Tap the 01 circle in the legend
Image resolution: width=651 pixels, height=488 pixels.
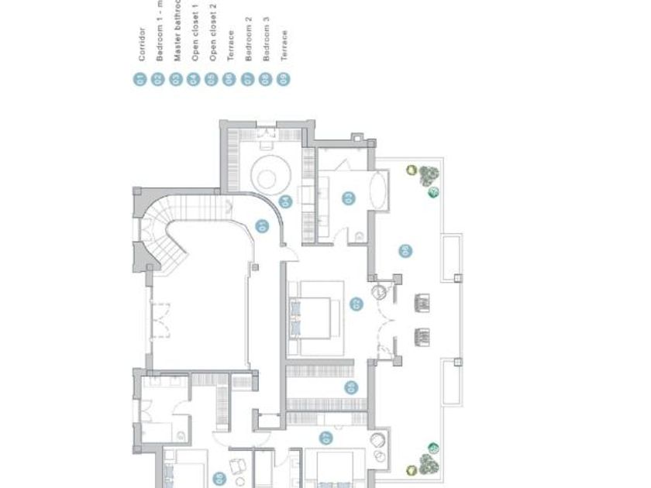pyautogui.click(x=141, y=78)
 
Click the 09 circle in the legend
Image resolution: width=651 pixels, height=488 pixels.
pyautogui.click(x=284, y=78)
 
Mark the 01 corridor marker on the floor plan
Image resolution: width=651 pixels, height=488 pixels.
pyautogui.click(x=261, y=226)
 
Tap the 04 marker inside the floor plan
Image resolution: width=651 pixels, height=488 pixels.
pyautogui.click(x=286, y=201)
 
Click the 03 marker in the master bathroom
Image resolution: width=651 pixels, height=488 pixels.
pyautogui.click(x=350, y=198)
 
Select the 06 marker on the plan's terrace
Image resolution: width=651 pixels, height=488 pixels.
pyautogui.click(x=404, y=250)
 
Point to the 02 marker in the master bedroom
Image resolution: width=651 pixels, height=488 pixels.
pyautogui.click(x=356, y=304)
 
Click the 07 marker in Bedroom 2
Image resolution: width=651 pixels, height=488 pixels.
pyautogui.click(x=327, y=438)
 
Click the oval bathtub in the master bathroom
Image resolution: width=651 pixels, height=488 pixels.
pyautogui.click(x=379, y=188)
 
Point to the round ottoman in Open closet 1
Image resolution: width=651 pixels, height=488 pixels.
pyautogui.click(x=267, y=177)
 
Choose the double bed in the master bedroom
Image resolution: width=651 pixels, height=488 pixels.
pyautogui.click(x=313, y=317)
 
